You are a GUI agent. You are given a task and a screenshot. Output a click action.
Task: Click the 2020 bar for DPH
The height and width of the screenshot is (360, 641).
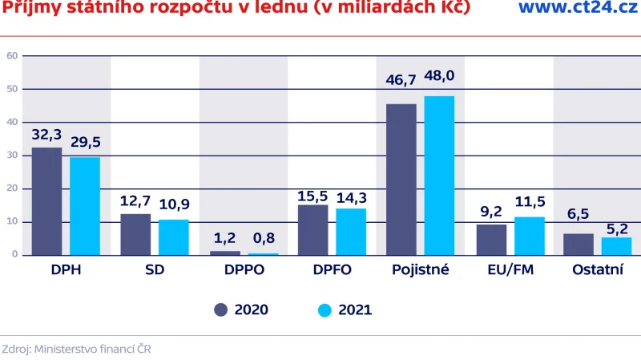(x=46, y=200)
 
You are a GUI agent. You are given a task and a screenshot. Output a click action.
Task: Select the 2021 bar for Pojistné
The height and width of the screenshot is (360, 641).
(x=439, y=175)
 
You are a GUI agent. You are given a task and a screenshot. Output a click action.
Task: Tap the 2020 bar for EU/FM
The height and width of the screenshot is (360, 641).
(x=491, y=239)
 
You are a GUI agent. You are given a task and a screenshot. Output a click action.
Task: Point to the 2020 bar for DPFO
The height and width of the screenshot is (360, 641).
(x=312, y=229)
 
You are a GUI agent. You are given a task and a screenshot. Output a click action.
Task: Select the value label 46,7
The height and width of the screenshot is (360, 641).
(x=401, y=82)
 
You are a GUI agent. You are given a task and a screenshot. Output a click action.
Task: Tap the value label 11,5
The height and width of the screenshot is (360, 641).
(x=529, y=198)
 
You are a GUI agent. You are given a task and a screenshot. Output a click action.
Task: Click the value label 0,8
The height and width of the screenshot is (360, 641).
(x=263, y=237)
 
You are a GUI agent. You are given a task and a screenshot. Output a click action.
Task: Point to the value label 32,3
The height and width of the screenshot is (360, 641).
(x=46, y=135)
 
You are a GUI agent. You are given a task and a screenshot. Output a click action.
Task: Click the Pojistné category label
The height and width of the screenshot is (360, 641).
(x=420, y=270)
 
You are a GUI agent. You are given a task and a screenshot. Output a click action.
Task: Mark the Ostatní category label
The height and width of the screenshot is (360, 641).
(x=597, y=270)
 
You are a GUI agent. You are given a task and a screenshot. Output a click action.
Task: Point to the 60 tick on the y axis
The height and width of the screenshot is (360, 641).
(x=12, y=56)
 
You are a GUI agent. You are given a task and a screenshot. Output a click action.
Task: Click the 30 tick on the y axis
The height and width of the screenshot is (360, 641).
(x=12, y=156)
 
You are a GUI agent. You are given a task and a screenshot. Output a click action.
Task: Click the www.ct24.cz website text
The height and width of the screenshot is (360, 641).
(x=571, y=8)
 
